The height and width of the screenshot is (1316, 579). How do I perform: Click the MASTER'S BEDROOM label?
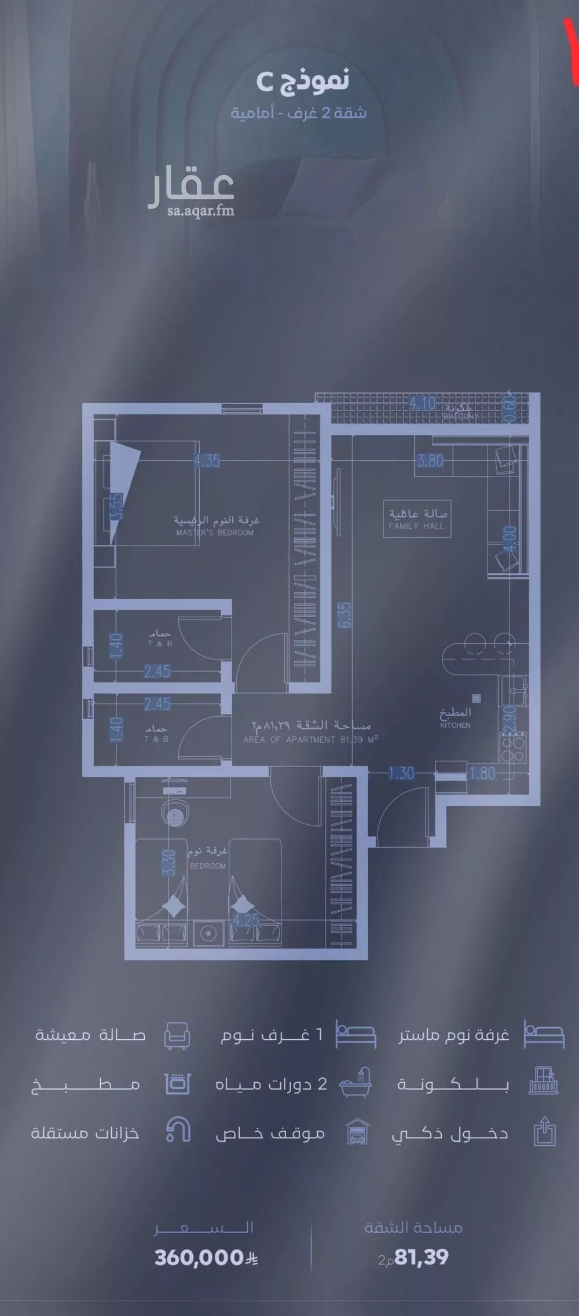click(x=215, y=533)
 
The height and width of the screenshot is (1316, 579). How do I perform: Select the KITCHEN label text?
click(x=455, y=725)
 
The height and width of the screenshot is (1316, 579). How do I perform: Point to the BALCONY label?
click(x=461, y=416)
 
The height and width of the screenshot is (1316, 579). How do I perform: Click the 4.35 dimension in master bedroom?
click(x=207, y=461)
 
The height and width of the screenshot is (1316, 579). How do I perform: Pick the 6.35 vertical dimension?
click(x=346, y=615)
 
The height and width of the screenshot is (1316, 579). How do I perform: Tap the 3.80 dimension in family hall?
click(x=430, y=461)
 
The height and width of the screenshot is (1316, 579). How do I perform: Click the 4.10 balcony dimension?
click(x=422, y=402)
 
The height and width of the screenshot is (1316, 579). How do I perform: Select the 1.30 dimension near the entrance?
click(x=401, y=773)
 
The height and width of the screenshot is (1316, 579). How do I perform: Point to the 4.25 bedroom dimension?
click(x=246, y=920)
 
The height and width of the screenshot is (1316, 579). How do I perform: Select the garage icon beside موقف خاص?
click(x=357, y=1132)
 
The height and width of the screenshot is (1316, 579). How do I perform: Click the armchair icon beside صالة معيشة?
click(x=177, y=1035)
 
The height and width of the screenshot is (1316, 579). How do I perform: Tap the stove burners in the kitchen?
click(x=513, y=748)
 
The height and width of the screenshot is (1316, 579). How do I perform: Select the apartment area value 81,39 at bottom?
click(x=420, y=1258)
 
